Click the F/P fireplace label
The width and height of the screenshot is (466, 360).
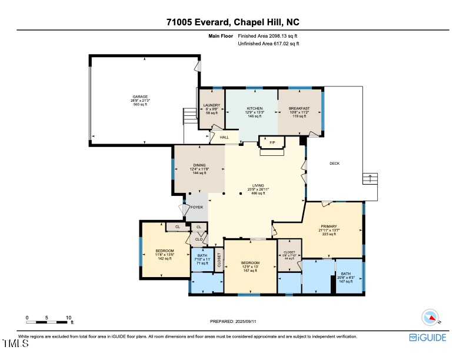pos(272,142)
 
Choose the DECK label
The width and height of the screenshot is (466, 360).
pos(334,164)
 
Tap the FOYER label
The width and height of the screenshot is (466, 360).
pos(197,207)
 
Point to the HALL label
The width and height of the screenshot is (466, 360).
pos(224,138)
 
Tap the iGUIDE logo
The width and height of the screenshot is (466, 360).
pos(428,338)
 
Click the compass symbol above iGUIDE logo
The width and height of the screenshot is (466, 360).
pos(431,318)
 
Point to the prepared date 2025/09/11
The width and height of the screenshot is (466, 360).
pos(234,321)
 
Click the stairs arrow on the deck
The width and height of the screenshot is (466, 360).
pos(370,176)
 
